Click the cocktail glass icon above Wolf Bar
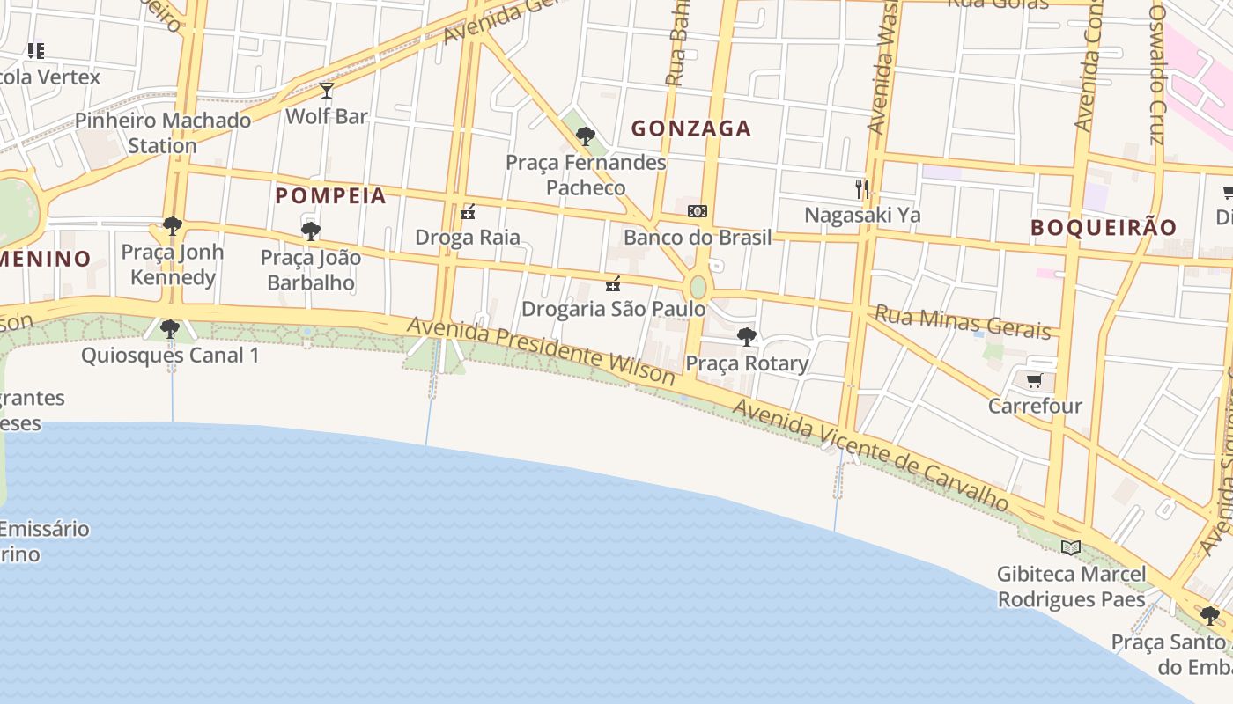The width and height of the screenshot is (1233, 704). [327, 90]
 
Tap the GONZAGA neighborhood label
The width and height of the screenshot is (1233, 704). [691, 128]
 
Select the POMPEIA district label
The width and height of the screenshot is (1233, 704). [331, 195]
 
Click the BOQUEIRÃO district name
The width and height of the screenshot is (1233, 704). [1104, 227]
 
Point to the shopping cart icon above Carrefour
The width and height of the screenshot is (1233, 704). [1034, 381]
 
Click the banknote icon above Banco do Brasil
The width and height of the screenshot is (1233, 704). [698, 211]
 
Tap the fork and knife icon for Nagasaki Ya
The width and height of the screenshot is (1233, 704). [862, 188]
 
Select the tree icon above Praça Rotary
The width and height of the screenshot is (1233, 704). [746, 336]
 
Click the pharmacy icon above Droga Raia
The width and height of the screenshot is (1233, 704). [468, 212]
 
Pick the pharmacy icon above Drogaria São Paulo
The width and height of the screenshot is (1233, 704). [613, 283]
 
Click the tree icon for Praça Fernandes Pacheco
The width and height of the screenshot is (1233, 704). [585, 136]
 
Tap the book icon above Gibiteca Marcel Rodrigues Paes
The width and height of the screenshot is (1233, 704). [1071, 547]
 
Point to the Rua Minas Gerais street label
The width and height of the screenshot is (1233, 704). [963, 322]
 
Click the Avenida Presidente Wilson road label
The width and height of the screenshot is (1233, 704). [541, 351]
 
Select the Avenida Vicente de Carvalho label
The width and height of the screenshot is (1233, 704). [870, 455]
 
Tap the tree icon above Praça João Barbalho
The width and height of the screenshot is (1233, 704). [310, 231]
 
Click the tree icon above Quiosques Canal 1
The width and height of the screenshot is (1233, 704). [170, 330]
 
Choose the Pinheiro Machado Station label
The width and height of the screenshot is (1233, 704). [163, 133]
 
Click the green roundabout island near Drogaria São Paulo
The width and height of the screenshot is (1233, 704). [698, 287]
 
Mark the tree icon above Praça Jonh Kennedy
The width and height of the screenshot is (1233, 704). [173, 226]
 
